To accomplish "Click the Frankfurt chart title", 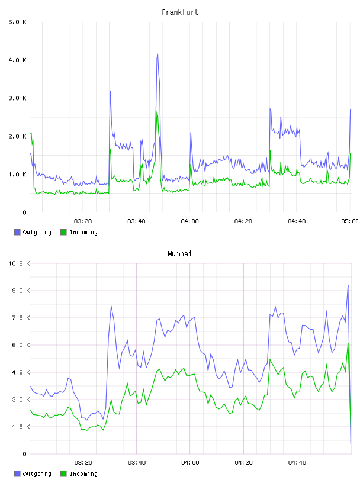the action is tap(180, 12).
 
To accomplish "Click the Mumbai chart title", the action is tap(179, 254).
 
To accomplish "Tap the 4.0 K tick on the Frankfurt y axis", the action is tap(17, 60).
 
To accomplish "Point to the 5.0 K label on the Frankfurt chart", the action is tap(17, 22).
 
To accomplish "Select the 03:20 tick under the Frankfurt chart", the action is tap(83, 221).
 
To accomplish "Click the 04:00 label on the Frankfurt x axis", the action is tap(190, 221).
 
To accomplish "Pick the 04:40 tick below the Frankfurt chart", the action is tap(297, 221).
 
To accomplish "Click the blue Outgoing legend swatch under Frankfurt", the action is tap(17, 232).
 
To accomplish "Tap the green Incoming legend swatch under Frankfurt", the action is tap(63, 232).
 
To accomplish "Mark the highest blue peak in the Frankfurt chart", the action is tap(158, 54).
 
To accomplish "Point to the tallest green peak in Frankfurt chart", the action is tap(156, 112).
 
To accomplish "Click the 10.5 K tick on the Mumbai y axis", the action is tap(19, 263).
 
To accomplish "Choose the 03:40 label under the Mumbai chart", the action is tap(137, 463).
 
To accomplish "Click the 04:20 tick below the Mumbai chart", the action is tap(244, 463).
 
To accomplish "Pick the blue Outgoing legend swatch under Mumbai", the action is tap(17, 474).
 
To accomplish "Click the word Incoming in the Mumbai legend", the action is tap(83, 474).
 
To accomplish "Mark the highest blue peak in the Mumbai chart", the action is tap(348, 285).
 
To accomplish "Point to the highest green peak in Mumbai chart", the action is tap(348, 343).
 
